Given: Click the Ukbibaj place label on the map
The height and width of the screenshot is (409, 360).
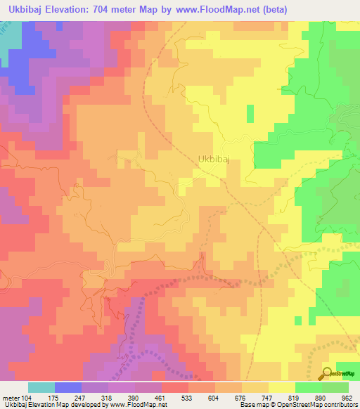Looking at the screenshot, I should coord(214,160).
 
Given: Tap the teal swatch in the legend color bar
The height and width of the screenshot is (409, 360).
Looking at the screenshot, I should coord(41,387).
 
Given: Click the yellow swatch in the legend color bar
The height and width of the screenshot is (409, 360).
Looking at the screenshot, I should coord(281,387).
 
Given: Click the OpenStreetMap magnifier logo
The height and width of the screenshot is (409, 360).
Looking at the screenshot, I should coord(328,372).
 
